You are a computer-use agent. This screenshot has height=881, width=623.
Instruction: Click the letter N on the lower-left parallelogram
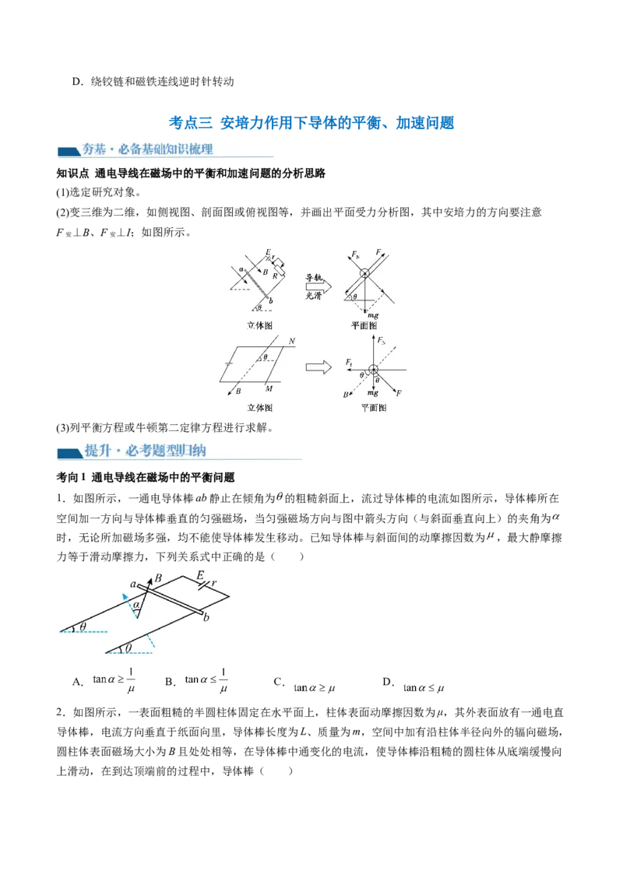[290, 342]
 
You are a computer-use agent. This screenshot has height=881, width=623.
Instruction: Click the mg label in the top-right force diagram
[373, 314]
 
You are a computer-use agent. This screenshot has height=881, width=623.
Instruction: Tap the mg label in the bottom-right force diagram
[373, 394]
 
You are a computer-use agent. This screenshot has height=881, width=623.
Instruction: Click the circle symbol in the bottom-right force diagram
[374, 369]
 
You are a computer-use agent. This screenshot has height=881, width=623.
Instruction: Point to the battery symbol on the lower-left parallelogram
[228, 363]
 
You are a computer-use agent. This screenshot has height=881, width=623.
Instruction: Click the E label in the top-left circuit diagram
[267, 252]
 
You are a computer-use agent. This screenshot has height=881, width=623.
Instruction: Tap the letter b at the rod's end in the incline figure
[206, 619]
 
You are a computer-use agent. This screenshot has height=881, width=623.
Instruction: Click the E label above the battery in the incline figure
[200, 576]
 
